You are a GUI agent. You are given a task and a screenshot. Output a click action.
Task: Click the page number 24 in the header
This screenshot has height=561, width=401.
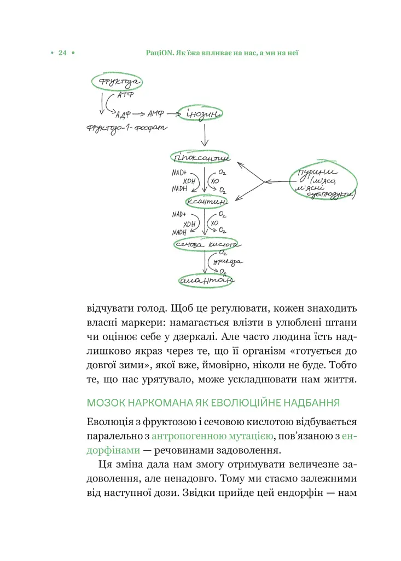[x=62, y=53]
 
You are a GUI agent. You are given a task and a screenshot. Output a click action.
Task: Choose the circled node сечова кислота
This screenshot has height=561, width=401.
[x=205, y=245]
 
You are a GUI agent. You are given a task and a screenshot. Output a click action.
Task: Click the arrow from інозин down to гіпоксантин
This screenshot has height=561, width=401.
[x=204, y=135]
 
